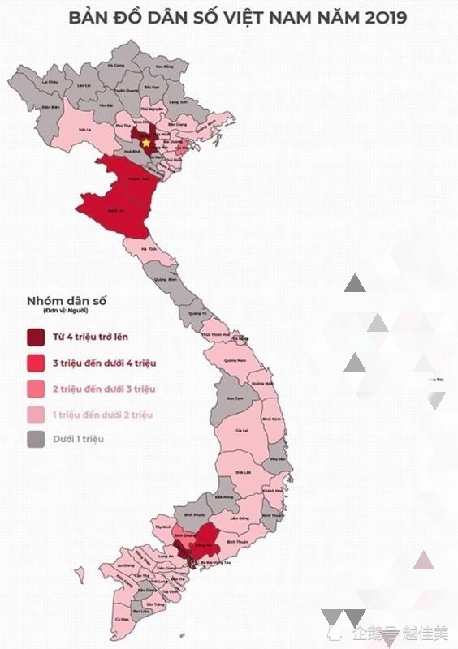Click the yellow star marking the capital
(x=146, y=143)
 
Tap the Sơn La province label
(x=82, y=130)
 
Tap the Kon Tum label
(x=235, y=398)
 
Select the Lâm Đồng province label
(x=239, y=518)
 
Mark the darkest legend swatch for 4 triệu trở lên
(x=37, y=336)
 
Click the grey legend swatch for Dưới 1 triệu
(x=37, y=439)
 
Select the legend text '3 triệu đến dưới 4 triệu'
(x=105, y=362)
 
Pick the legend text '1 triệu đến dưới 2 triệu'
(x=103, y=415)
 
